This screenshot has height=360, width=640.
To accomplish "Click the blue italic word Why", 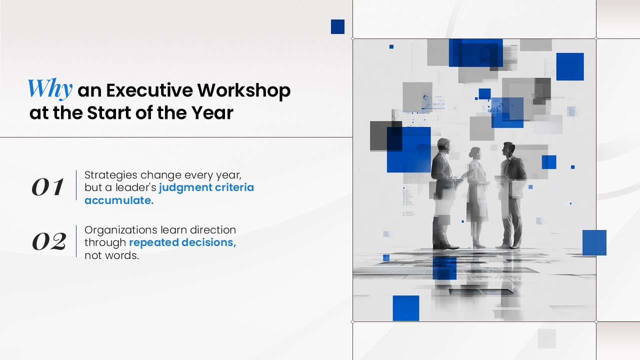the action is tap(50, 89).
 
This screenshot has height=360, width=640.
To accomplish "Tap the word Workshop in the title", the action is tap(243, 90).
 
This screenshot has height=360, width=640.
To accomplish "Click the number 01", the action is tap(47, 187).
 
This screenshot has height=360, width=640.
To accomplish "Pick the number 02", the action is tap(49, 241).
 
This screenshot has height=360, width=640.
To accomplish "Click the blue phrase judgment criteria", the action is tap(206, 187).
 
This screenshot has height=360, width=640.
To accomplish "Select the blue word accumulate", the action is tap(119, 200).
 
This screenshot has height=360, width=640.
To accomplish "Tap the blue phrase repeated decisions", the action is tap(182, 242).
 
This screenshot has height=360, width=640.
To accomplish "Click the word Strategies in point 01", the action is tap(111, 175).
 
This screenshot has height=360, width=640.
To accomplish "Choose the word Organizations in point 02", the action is tap(121, 230).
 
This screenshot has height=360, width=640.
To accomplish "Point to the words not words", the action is tap(111, 255).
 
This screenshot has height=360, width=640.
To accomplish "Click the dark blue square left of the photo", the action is tap(337, 26).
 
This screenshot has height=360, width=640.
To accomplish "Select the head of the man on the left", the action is tap(443, 145).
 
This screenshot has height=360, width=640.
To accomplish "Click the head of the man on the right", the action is tap(508, 149).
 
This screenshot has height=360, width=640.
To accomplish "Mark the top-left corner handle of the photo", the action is tap(353, 38).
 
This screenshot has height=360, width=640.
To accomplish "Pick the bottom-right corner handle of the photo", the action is tap(596, 321).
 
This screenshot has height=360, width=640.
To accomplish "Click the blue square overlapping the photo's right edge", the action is tap(594, 242).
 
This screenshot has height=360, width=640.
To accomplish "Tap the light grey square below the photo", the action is tap(547, 338).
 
